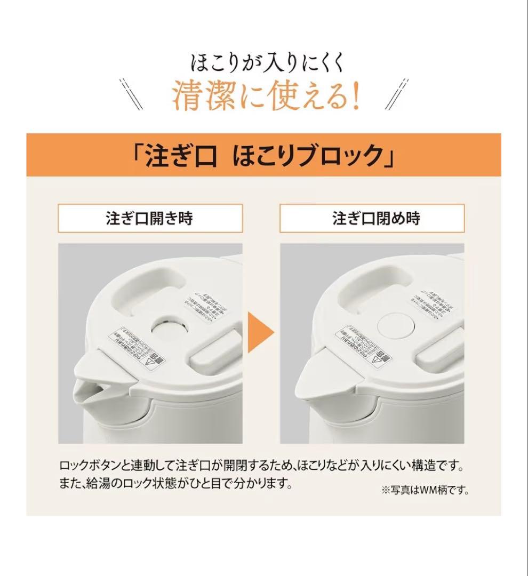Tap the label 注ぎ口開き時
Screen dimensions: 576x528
click(149, 219)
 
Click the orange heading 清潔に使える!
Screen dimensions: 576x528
click(263, 97)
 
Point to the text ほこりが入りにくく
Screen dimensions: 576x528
click(263, 63)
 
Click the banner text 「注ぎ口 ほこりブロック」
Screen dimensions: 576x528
click(263, 155)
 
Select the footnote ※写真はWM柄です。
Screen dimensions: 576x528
click(425, 490)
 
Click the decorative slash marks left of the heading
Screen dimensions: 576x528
click(131, 94)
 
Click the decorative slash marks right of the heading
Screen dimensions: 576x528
click(397, 94)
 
